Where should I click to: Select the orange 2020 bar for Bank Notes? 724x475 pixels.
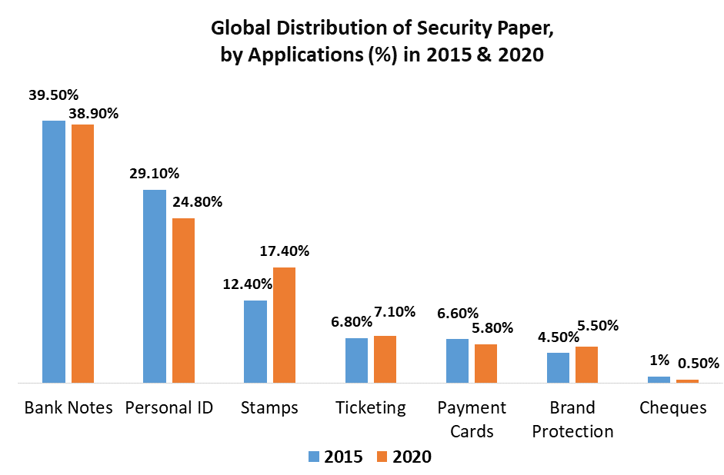point(82,253)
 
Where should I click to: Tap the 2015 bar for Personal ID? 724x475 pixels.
point(155,286)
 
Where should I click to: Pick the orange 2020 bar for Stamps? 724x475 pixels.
point(285,324)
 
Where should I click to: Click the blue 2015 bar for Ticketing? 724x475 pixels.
point(356,360)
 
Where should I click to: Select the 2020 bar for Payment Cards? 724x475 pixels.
point(485,363)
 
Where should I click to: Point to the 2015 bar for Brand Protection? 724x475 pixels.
point(558,367)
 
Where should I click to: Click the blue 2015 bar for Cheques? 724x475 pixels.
point(659,379)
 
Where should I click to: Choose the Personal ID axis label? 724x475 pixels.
point(168,407)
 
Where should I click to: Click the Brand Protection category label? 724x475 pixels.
point(572,419)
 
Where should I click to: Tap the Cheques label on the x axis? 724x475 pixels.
point(672,407)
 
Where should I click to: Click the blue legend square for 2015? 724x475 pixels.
point(314,457)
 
